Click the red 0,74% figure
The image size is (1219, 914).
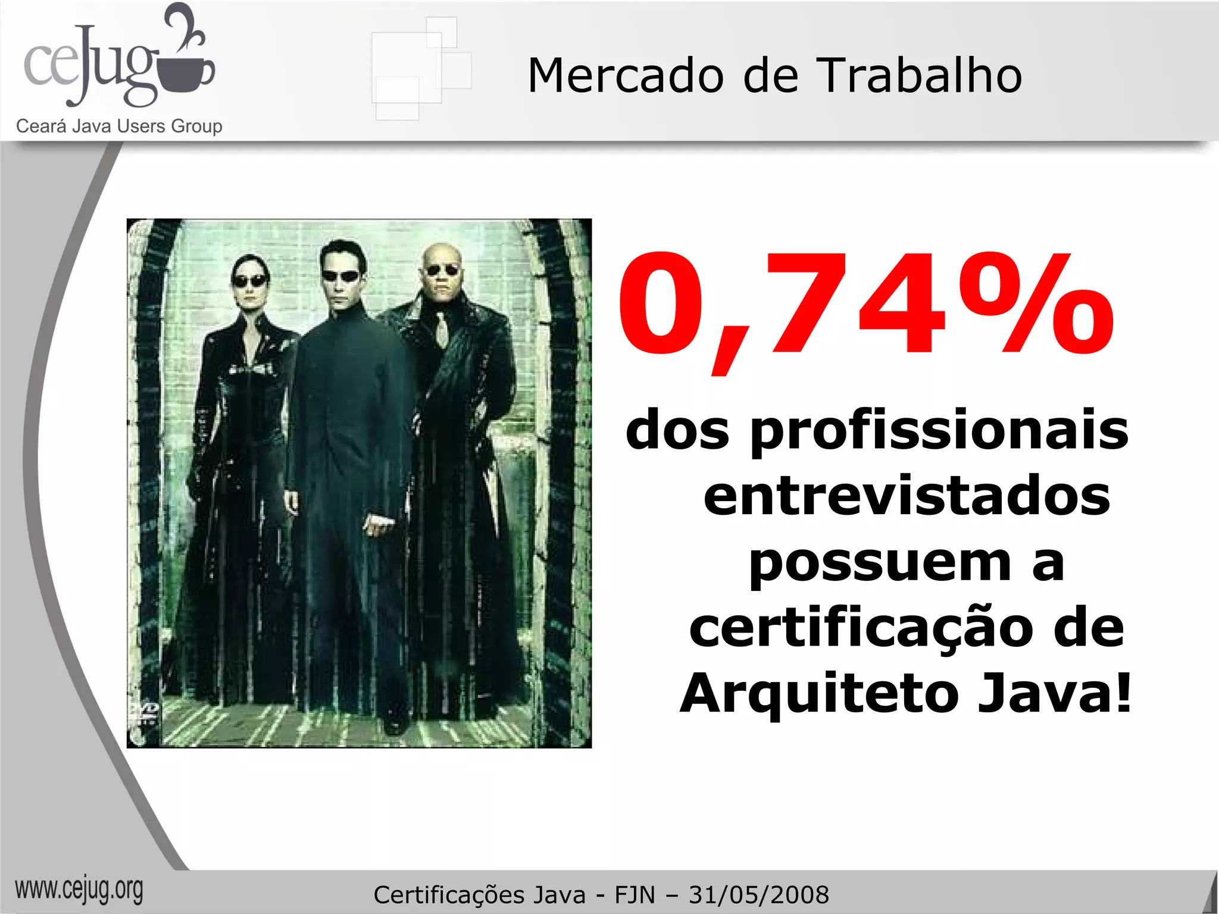pyautogui.click(x=866, y=305)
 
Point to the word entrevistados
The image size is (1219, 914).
pyautogui.click(x=907, y=496)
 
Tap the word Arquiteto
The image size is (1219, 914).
pyautogui.click(x=819, y=694)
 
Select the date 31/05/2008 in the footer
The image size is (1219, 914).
pyautogui.click(x=759, y=895)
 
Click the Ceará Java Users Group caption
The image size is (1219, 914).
pyautogui.click(x=119, y=126)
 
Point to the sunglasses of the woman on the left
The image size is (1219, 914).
pyautogui.click(x=249, y=281)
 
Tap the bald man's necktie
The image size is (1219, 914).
pyautogui.click(x=442, y=329)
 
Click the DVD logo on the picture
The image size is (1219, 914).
pyautogui.click(x=144, y=710)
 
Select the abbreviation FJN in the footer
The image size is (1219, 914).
pyautogui.click(x=634, y=895)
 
